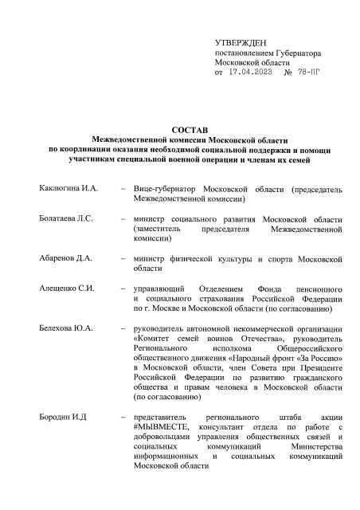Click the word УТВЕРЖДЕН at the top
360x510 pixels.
pyautogui.click(x=241, y=41)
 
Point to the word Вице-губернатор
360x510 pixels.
pyautogui.click(x=165, y=189)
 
